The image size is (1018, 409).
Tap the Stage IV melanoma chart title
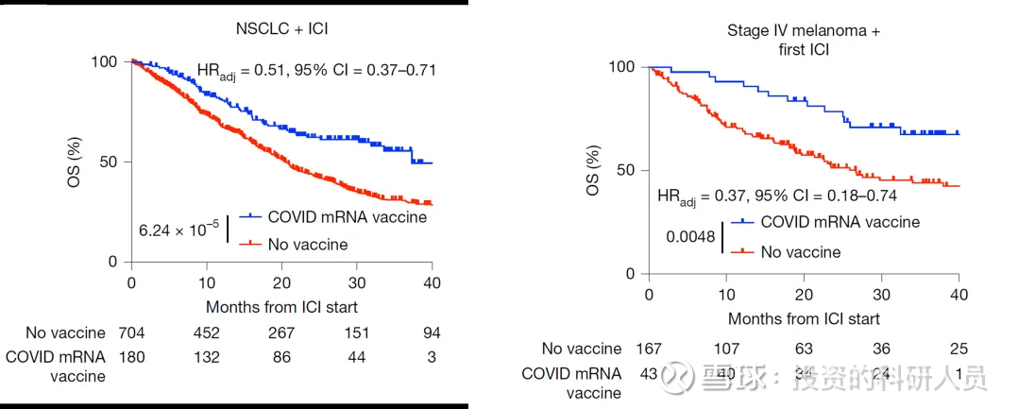(x=804, y=41)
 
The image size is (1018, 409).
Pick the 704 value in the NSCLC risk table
(x=130, y=332)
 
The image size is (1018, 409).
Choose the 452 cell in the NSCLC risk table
(x=206, y=332)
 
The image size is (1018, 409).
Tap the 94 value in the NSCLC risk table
(x=432, y=332)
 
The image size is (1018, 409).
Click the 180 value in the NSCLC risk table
(x=130, y=357)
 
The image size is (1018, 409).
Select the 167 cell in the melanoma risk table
(x=648, y=349)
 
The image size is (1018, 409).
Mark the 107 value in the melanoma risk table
(x=725, y=349)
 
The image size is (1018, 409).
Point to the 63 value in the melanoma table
(x=803, y=349)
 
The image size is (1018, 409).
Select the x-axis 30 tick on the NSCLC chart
(x=357, y=281)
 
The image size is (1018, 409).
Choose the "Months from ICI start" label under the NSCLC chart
(x=282, y=307)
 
